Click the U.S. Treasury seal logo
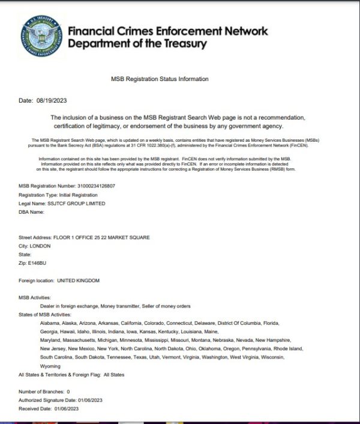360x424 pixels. point(43,37)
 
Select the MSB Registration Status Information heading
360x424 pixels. point(160,79)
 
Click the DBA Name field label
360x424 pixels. point(31,212)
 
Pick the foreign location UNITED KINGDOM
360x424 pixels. point(78,280)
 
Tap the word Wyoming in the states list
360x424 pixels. point(50,366)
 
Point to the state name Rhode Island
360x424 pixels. point(289,349)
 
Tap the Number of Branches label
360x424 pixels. point(41,392)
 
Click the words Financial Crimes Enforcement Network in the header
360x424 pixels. point(168,31)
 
